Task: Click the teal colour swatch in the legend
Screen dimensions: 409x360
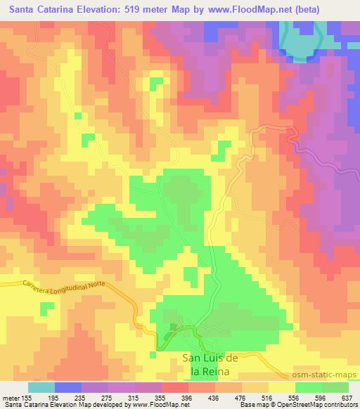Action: click(x=41, y=387)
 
